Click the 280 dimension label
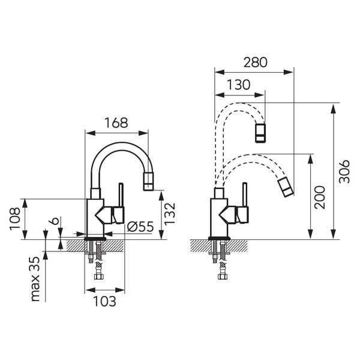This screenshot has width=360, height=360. click(x=256, y=62)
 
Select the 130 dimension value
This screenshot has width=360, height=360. click(x=238, y=85)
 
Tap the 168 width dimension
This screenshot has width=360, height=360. click(x=116, y=123)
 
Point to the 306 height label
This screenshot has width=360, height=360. click(x=344, y=171)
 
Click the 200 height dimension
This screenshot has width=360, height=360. click(x=320, y=197)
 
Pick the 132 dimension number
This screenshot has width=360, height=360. click(x=170, y=214)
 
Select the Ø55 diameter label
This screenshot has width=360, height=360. click(x=140, y=227)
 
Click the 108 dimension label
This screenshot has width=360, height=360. click(x=14, y=218)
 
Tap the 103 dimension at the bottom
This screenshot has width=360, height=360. click(x=104, y=301)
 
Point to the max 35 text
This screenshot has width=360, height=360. click(x=35, y=279)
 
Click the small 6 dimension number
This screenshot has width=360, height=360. click(x=54, y=221)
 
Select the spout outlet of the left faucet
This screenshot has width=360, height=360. click(x=148, y=181)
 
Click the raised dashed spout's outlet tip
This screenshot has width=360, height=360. click(x=260, y=133)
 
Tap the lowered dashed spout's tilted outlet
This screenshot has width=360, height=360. click(x=286, y=187)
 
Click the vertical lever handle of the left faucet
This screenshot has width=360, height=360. click(x=121, y=194)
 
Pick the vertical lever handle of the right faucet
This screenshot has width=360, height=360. click(x=245, y=194)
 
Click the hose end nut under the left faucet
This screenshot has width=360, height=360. click(x=99, y=276)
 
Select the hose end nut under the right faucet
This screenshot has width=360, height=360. click(x=223, y=276)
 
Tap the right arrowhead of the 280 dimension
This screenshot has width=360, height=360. click(x=289, y=72)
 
